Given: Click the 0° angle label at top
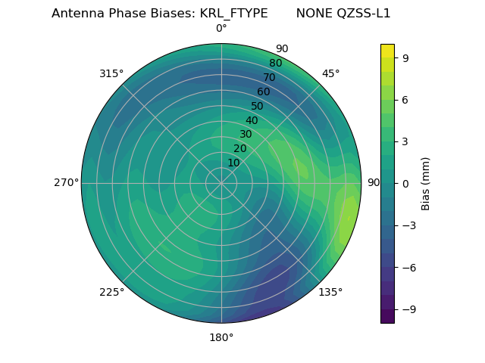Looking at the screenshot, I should [221, 29].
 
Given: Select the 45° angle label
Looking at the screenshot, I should [330, 73].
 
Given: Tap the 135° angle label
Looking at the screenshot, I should [330, 292].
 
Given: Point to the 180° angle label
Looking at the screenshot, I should [221, 337].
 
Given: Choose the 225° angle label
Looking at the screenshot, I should [111, 292].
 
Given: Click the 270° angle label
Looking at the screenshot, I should [66, 182].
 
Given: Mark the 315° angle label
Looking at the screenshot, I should [111, 73].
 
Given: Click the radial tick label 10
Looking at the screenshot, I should [233, 163].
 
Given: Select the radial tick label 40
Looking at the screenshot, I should [252, 120].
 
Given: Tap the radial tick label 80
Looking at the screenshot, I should [276, 63].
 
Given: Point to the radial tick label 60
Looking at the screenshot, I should [264, 92].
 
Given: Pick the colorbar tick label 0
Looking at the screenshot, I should [406, 183].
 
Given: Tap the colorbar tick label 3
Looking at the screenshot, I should [406, 141].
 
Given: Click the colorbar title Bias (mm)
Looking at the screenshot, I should [426, 183].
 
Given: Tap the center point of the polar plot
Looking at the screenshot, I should [221, 183].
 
